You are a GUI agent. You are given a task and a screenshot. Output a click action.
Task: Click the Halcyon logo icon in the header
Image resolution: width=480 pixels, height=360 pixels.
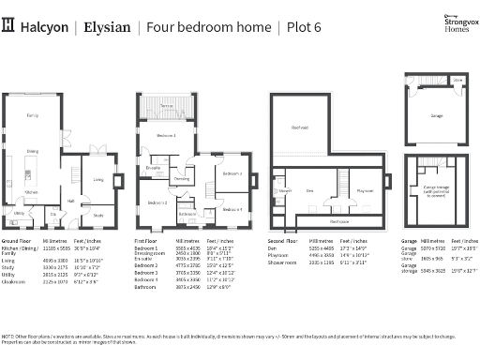(x=10, y=26)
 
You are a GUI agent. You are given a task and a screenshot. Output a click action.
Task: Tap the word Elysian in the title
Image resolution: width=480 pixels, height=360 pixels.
(x=105, y=27)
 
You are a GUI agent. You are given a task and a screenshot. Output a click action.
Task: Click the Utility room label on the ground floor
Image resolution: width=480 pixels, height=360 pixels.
(x=18, y=213)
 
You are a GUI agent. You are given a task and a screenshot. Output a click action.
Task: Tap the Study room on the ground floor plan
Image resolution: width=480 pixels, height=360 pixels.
(x=98, y=215)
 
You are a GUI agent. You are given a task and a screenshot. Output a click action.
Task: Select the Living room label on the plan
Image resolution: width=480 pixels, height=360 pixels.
(x=97, y=180)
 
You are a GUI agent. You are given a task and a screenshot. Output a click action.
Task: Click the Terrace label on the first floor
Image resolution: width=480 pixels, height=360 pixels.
(x=166, y=107)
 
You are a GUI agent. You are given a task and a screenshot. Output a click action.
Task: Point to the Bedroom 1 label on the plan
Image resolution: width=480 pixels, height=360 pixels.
(x=166, y=136)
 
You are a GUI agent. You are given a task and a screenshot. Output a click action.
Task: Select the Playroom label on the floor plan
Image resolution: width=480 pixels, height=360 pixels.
(x=363, y=189)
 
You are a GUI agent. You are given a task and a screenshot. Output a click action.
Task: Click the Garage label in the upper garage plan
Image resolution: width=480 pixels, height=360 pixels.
(x=436, y=115)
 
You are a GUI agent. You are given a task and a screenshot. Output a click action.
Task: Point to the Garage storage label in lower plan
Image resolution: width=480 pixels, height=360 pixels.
(x=436, y=190)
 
